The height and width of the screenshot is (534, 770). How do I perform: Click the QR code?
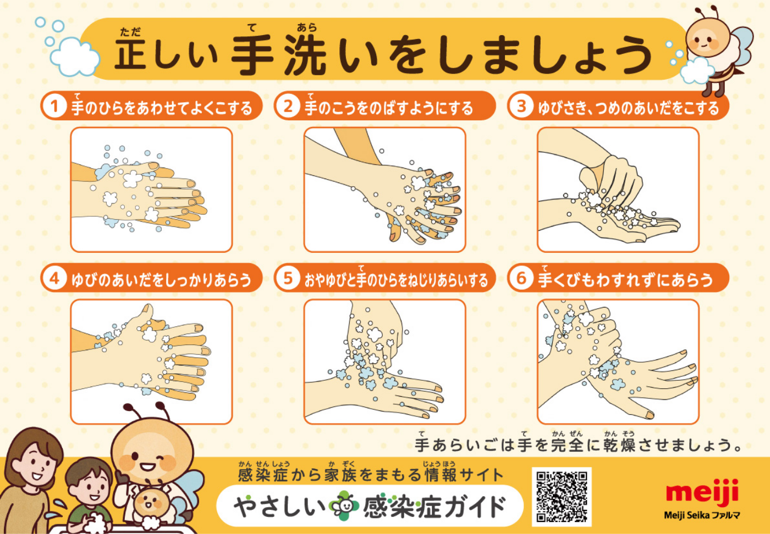[x=562, y=497]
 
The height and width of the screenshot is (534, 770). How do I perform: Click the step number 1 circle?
[x=54, y=106]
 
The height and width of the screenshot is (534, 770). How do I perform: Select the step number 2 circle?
[x=288, y=106]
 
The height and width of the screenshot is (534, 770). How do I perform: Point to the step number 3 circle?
[x=521, y=106]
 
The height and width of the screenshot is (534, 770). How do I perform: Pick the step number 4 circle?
[x=54, y=278]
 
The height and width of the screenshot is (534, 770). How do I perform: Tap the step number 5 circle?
[x=288, y=278]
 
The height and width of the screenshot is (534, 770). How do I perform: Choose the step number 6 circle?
[x=521, y=278]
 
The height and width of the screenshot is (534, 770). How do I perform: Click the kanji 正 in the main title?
[x=130, y=54]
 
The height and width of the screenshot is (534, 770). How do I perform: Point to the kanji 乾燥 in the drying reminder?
[x=620, y=445]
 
